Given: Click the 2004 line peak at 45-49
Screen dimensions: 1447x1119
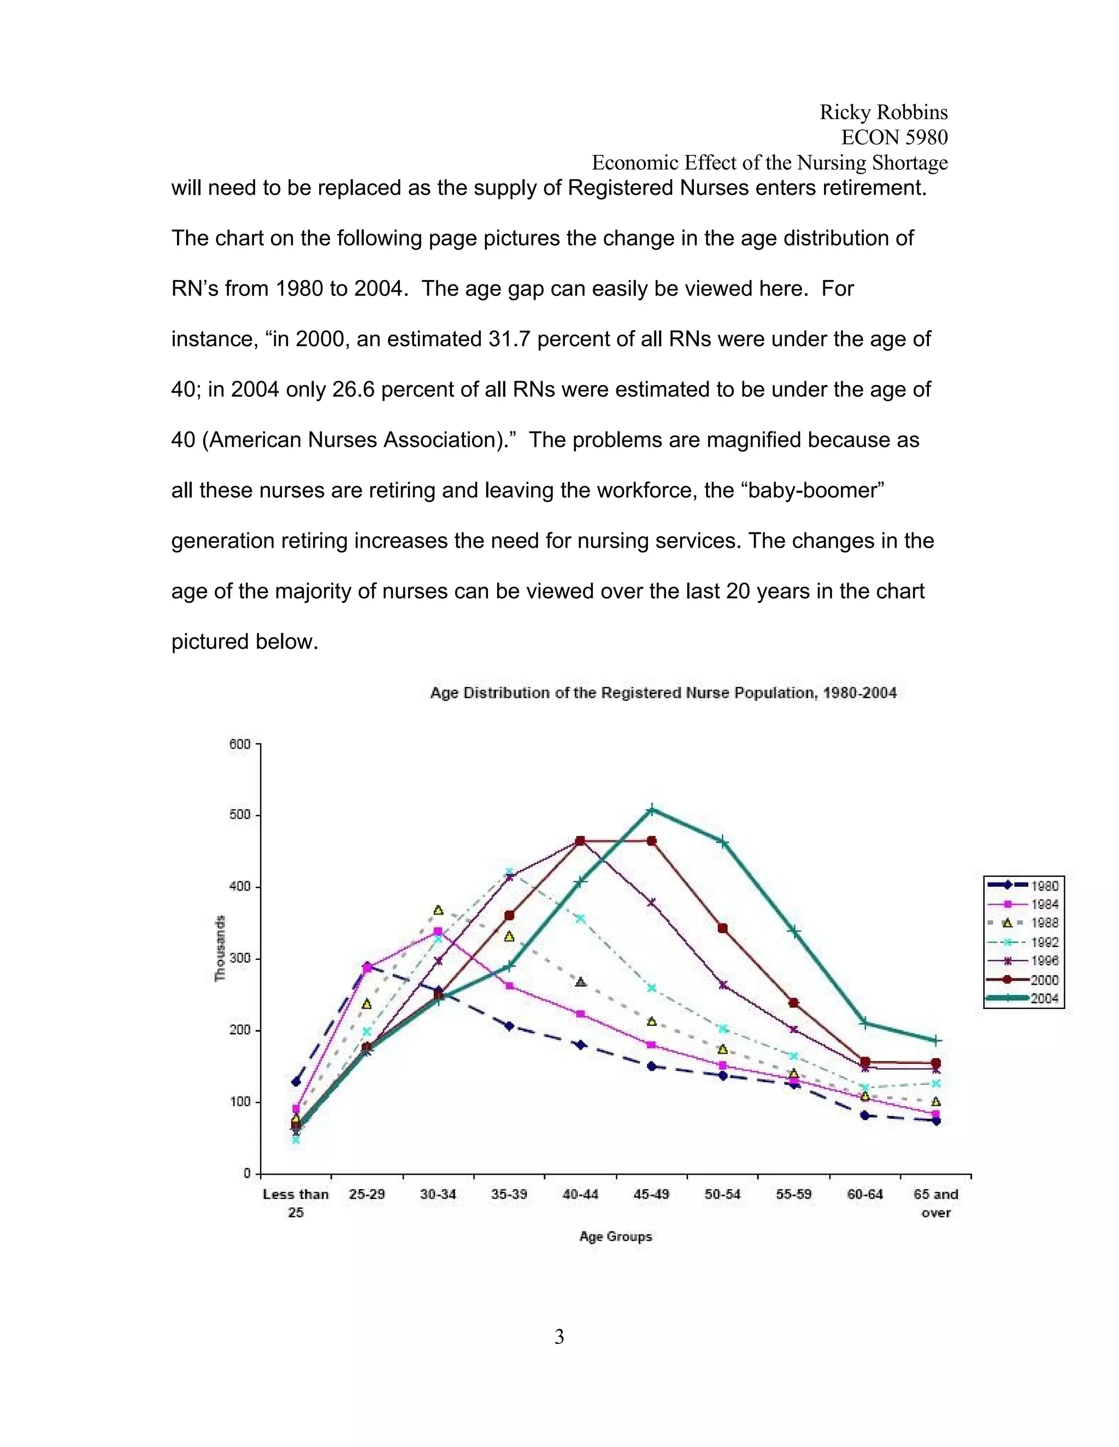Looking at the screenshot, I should click(652, 810).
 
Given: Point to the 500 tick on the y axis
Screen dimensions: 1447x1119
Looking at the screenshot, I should click(240, 815).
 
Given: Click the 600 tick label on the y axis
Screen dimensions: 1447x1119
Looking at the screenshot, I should click(240, 744).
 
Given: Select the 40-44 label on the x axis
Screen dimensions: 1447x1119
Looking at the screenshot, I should click(580, 1194).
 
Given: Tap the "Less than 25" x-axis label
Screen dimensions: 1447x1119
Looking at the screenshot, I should click(296, 1202).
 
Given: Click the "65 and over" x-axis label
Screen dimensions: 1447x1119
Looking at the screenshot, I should click(935, 1202).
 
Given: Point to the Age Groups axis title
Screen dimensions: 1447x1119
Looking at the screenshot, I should click(615, 1236).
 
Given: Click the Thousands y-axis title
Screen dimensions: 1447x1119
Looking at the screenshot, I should click(220, 948).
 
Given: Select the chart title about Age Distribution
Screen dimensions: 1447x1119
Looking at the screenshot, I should click(663, 693).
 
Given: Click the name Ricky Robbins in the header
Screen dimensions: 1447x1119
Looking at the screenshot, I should click(883, 112).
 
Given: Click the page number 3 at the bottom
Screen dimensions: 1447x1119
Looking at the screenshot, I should click(559, 1337).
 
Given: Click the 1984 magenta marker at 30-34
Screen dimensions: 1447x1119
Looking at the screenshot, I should click(438, 931).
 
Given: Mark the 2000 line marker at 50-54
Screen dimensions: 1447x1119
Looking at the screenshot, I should click(722, 928).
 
